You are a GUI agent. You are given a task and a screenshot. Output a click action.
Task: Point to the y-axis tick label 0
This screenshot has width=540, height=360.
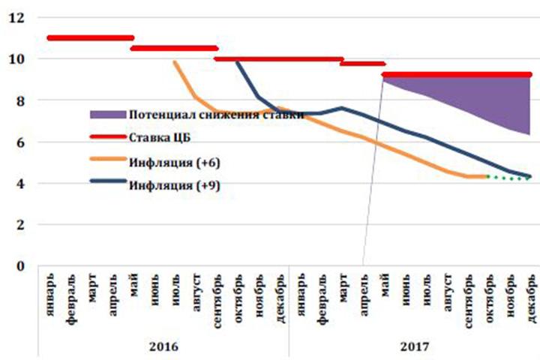20,265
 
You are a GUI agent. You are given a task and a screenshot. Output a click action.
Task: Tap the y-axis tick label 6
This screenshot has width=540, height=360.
20,142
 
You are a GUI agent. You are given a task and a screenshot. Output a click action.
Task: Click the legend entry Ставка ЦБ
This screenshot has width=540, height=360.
158,137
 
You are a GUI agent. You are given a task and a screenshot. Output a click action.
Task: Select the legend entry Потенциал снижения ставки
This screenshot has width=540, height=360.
216,115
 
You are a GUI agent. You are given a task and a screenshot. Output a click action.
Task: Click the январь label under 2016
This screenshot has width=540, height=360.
50,294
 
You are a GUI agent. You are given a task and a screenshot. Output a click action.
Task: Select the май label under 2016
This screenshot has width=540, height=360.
133,284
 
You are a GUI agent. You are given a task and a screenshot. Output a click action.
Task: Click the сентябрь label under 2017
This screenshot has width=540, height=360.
469,296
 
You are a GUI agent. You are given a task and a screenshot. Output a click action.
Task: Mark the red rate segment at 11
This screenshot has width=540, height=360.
90,37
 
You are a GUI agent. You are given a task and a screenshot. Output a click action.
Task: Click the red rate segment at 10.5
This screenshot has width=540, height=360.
174,48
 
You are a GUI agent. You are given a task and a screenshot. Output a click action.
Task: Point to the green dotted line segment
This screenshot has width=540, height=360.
510,178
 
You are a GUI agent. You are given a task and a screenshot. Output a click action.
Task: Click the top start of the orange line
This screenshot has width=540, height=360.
175,62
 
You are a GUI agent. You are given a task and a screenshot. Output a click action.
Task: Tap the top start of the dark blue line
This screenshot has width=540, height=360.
238,61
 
